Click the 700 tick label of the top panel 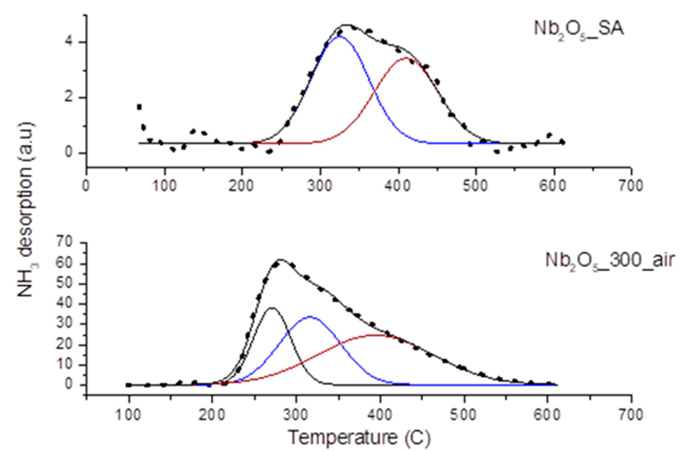[631, 186]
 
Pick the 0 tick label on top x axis [86, 186]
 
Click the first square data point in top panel [139, 107]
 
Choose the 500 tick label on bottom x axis [464, 415]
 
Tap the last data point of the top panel [562, 142]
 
